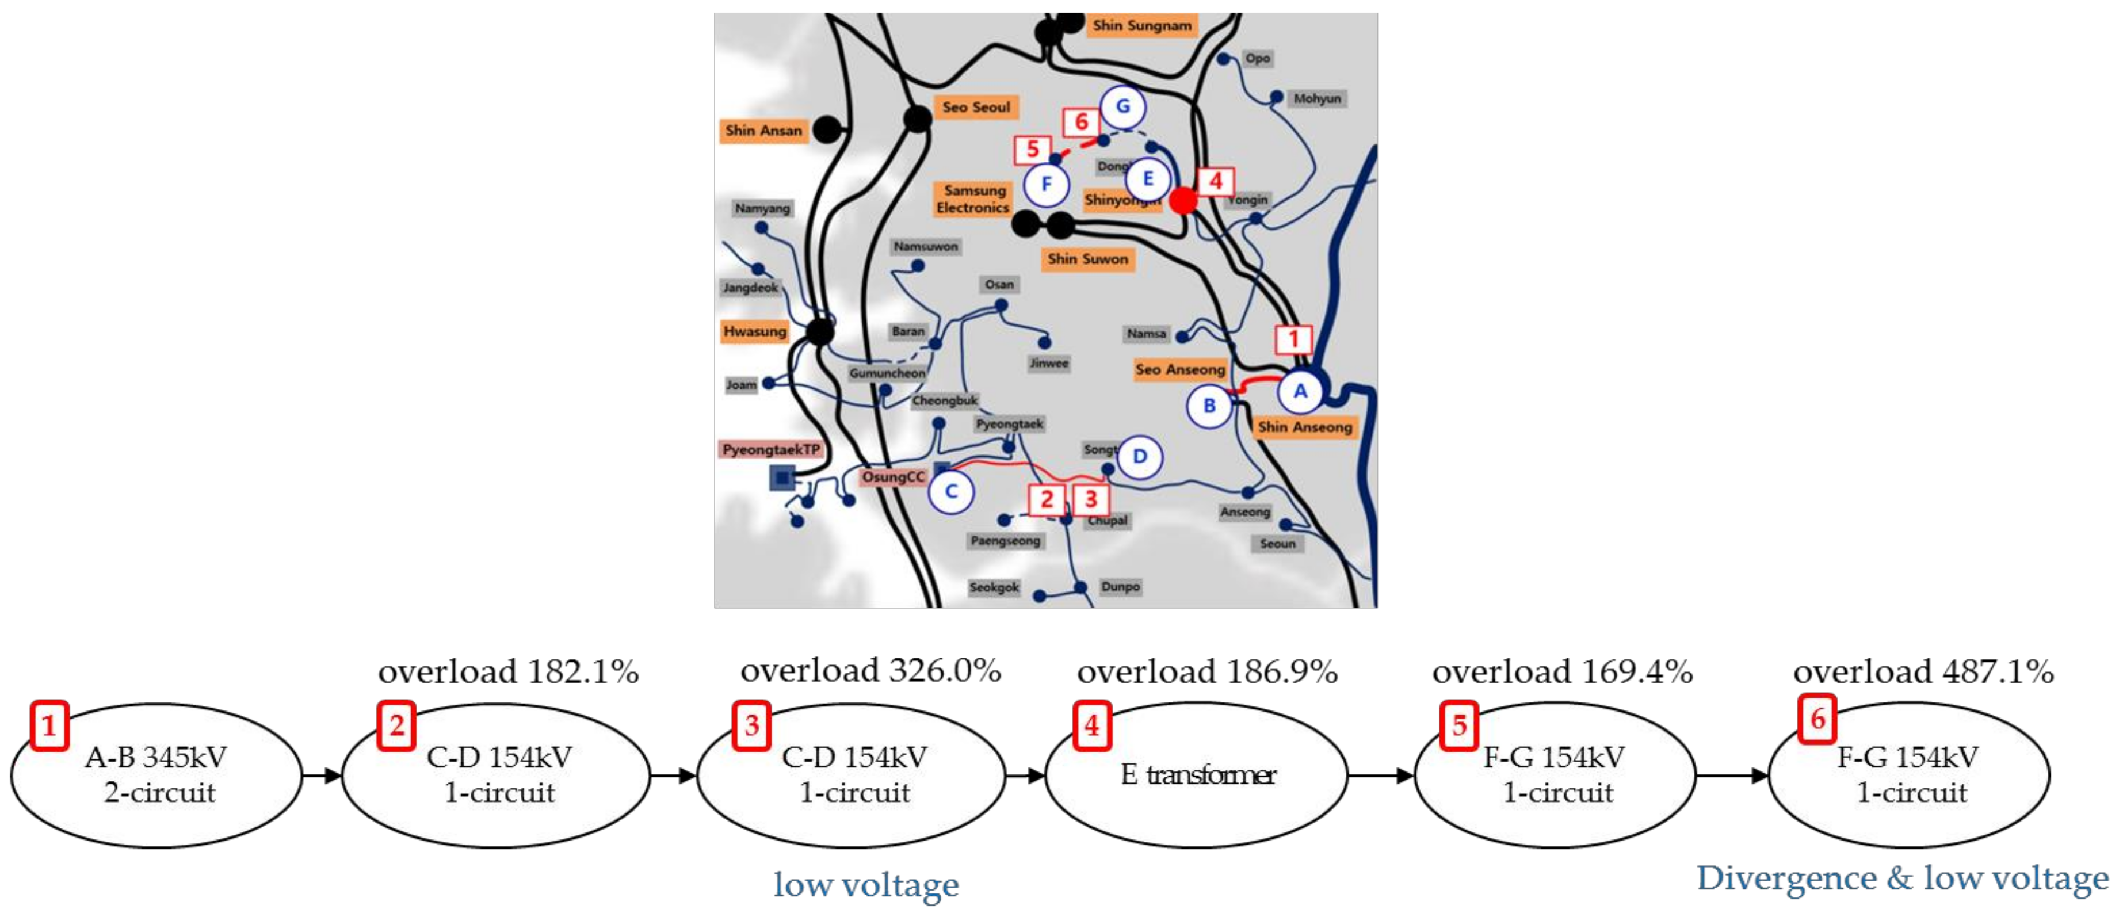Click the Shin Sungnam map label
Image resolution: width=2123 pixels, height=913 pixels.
coord(1141,25)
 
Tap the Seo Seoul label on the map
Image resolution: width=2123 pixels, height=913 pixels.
coord(976,107)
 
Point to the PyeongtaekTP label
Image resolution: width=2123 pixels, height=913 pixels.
coord(772,450)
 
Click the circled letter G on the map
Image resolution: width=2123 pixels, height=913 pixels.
coord(1122,106)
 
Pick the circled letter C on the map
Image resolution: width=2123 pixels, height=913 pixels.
coord(951,492)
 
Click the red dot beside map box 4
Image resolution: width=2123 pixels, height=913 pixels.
coord(1183,200)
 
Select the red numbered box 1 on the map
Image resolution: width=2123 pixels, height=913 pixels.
coord(1293,339)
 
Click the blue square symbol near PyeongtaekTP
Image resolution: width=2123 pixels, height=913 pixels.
coord(782,477)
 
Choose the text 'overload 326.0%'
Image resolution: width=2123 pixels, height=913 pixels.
coord(870,671)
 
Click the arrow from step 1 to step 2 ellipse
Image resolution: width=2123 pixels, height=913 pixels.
coord(322,776)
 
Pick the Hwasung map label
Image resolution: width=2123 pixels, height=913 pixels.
coord(754,331)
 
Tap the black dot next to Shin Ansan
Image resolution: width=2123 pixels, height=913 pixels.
coord(826,129)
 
